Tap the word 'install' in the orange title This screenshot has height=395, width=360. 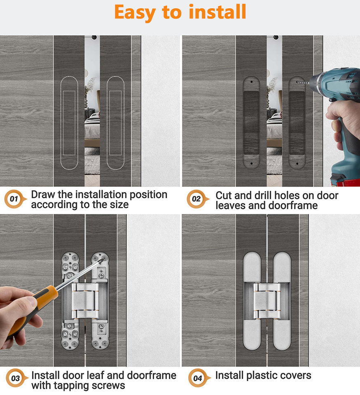(x=217, y=12)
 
